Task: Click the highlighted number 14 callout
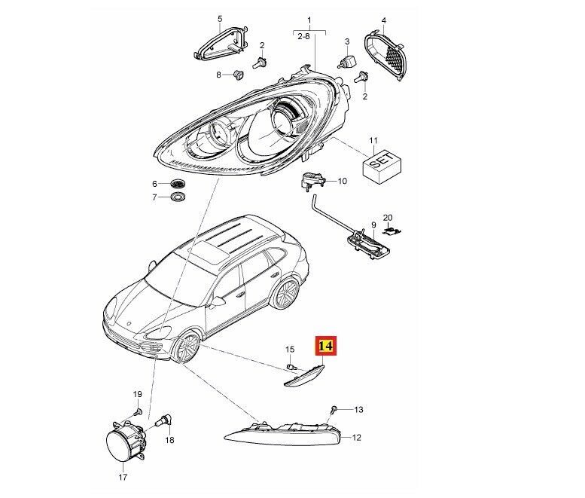click(326, 346)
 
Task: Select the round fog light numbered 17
click(126, 441)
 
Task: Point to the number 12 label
click(356, 437)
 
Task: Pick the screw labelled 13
click(334, 410)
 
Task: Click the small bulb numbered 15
click(291, 367)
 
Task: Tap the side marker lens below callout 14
click(304, 375)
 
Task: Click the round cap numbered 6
click(178, 184)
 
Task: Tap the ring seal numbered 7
click(178, 197)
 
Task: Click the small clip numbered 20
click(392, 231)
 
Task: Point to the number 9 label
click(373, 225)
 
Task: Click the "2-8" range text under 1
click(303, 37)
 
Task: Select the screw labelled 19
click(138, 412)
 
